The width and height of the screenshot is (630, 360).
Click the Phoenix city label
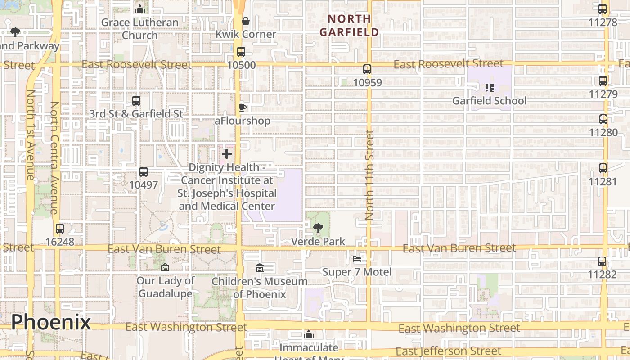tap(51, 322)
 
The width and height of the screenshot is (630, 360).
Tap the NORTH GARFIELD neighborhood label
tap(349, 25)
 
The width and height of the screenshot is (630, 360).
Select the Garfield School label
tap(489, 100)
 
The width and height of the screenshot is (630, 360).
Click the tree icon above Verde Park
tap(318, 228)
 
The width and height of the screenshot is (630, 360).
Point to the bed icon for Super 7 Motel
tap(357, 259)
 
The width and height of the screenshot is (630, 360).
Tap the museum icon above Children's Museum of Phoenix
tap(259, 268)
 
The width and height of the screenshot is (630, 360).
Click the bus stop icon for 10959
tap(367, 69)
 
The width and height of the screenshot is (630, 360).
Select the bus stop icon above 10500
tap(241, 52)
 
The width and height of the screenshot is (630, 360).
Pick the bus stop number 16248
tap(60, 242)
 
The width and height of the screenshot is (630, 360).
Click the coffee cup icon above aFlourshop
tap(243, 108)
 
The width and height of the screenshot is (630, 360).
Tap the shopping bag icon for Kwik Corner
tap(246, 21)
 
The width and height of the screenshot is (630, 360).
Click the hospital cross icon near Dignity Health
tap(227, 154)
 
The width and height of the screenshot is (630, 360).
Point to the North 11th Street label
tap(369, 175)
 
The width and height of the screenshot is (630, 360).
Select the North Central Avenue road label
tap(54, 157)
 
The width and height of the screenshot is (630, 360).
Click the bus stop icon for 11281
tap(603, 168)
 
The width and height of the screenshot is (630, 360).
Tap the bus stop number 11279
tap(603, 94)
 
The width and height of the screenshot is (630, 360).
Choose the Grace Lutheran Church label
tap(140, 28)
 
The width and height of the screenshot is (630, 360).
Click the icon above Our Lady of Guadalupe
tap(165, 267)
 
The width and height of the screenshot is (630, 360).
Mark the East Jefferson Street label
tap(448, 351)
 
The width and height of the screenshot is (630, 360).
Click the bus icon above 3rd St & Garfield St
tap(136, 101)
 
